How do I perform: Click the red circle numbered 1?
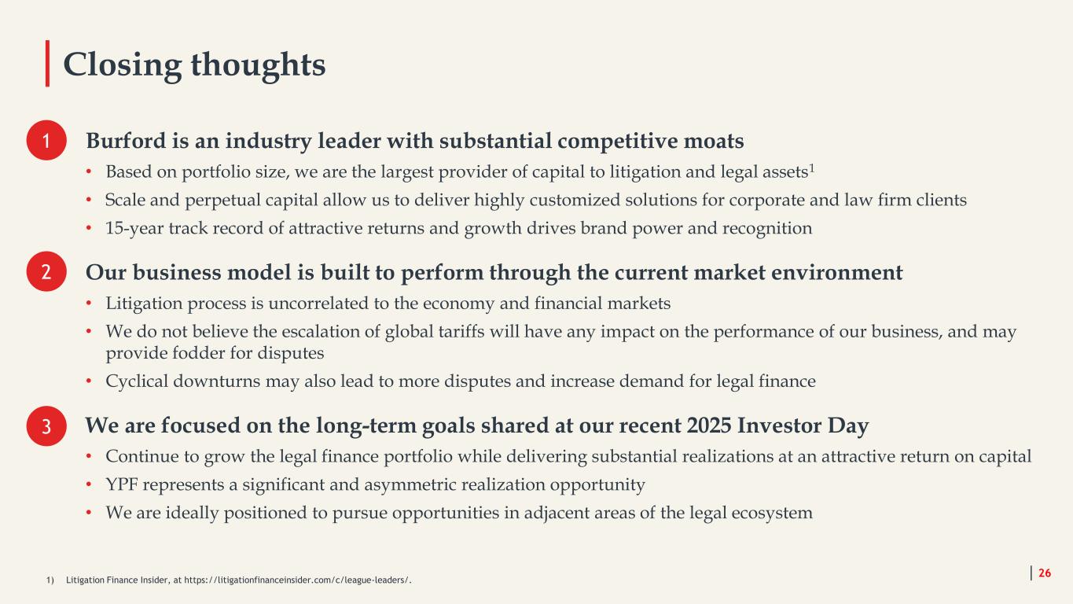(x=46, y=140)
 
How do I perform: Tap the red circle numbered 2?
(x=46, y=271)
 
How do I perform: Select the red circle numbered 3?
(x=46, y=426)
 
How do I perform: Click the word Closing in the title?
(x=122, y=65)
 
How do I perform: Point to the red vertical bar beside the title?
(x=47, y=63)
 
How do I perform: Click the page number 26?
(x=1045, y=573)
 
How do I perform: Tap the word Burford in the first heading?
(x=126, y=141)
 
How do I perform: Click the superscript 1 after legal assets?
(x=812, y=168)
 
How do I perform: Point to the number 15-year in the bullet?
(x=134, y=228)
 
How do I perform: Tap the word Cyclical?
(x=137, y=381)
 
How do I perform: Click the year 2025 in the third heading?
(x=709, y=425)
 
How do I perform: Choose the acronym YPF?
(x=122, y=484)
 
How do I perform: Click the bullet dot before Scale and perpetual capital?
(x=89, y=200)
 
